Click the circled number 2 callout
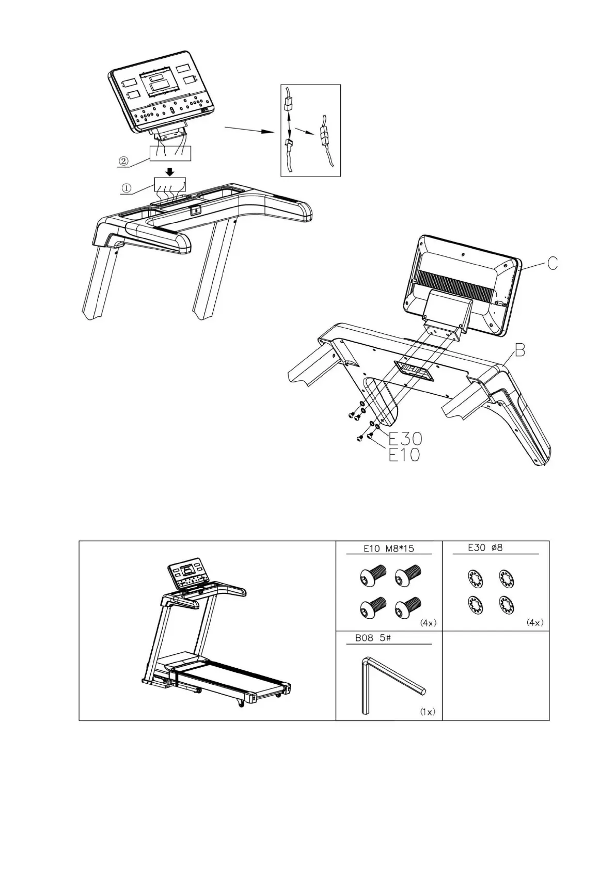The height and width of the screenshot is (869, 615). coord(123,160)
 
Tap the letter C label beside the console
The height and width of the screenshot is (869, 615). coord(552,264)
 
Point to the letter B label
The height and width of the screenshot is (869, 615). coord(519,351)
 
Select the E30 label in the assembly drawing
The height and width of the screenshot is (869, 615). coord(405,439)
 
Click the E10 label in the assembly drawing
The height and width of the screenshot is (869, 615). coord(404,455)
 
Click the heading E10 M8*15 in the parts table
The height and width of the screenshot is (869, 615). coord(388,549)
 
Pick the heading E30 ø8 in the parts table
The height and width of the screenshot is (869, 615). coord(485,548)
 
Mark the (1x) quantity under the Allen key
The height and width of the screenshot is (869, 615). coord(427,712)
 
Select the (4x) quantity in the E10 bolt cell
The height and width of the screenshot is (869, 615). coord(429,623)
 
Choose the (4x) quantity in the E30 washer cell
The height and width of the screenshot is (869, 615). coord(534,623)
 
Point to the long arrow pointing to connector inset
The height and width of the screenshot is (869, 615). coord(248,129)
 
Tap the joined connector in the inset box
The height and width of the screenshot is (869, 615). coord(324,137)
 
